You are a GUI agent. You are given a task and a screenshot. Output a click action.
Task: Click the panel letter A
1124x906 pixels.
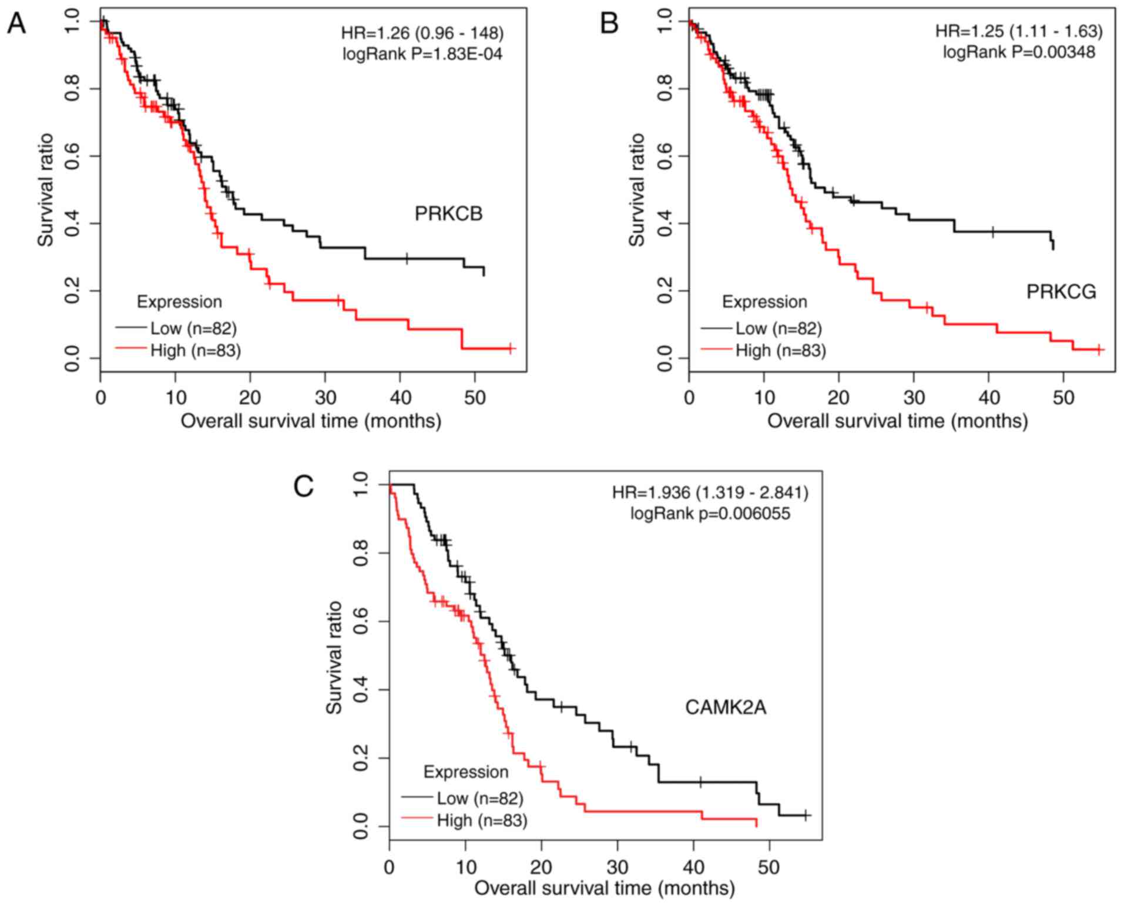click(x=16, y=25)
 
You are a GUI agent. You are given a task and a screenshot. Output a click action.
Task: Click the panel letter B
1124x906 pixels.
click(x=610, y=25)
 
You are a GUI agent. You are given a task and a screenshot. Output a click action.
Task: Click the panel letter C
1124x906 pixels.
click(x=303, y=486)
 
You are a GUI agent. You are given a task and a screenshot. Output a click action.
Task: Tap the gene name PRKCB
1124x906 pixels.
click(x=448, y=214)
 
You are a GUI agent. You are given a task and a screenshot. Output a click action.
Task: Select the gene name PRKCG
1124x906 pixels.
click(x=1061, y=291)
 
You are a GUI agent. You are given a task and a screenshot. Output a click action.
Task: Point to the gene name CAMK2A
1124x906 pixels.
click(x=726, y=707)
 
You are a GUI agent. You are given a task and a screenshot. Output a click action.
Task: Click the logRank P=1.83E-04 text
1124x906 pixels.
click(x=422, y=54)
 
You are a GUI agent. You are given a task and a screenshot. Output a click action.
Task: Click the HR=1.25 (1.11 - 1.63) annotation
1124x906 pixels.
click(x=1019, y=31)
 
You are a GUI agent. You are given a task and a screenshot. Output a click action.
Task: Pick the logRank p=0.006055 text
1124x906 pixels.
click(x=710, y=514)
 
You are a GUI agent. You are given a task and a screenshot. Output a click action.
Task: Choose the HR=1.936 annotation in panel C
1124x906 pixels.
click(x=710, y=492)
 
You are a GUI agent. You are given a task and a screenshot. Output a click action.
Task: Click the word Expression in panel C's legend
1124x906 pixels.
click(x=466, y=771)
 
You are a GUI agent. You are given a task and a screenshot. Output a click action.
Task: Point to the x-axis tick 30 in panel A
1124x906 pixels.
click(x=325, y=398)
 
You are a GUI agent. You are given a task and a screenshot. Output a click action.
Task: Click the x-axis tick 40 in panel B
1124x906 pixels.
click(x=989, y=398)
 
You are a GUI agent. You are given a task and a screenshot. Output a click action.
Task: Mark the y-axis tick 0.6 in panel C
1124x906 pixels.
click(x=363, y=621)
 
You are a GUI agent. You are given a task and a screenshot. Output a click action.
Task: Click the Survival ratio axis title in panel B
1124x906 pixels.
click(x=637, y=189)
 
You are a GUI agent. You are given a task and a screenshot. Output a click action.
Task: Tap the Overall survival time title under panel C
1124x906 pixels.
click(x=605, y=887)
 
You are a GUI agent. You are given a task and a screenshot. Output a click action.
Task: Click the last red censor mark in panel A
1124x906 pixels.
click(x=510, y=348)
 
